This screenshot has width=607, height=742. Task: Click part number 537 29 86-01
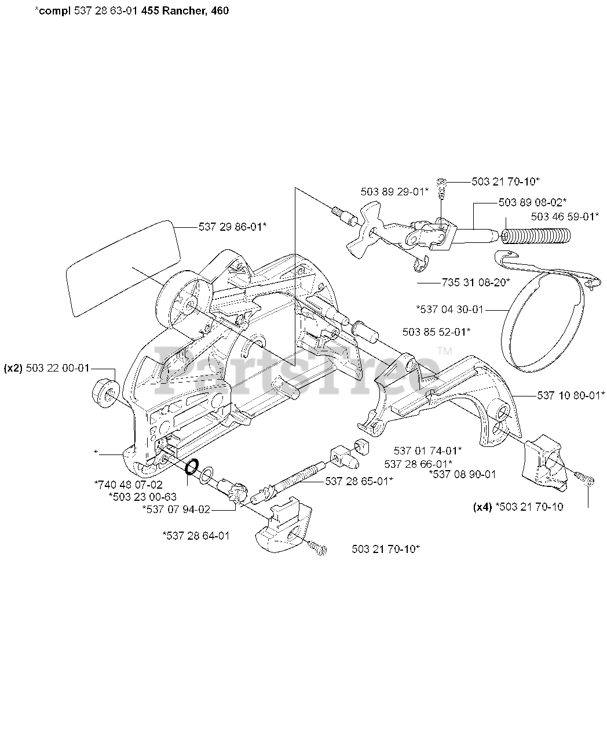tap(232, 227)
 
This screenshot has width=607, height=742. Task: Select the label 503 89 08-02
tap(532, 202)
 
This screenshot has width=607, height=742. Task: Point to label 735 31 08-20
tap(476, 282)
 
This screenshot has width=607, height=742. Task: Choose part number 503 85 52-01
tap(436, 332)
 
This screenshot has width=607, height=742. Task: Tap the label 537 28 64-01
tap(196, 536)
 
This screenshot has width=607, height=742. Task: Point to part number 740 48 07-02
tap(128, 484)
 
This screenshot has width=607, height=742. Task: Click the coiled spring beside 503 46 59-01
tap(536, 237)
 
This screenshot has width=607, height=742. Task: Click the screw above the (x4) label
tap(585, 479)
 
